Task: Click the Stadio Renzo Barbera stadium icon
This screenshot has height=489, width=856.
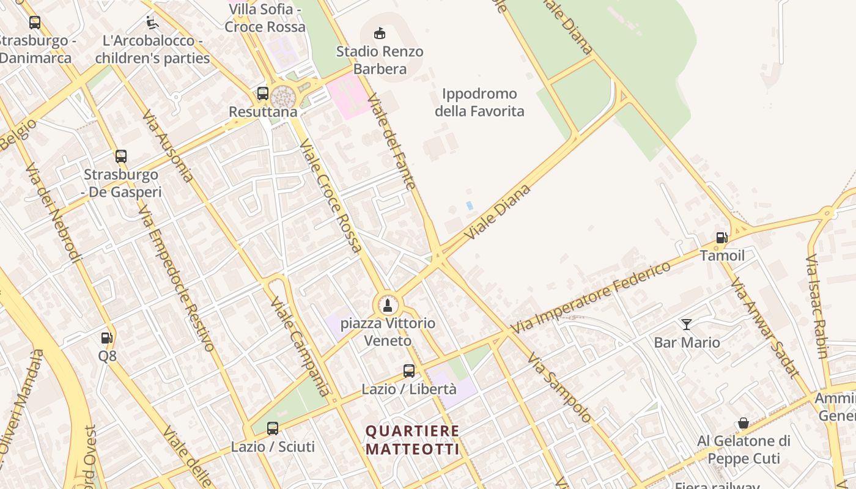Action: point(380,33)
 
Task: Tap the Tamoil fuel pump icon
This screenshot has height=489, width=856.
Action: point(721,238)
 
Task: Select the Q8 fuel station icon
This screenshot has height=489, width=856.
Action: point(106,337)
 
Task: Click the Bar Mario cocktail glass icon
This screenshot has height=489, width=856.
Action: point(687,325)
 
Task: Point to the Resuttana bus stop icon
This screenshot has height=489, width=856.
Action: point(263,94)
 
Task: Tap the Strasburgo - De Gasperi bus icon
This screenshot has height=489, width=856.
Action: point(121,156)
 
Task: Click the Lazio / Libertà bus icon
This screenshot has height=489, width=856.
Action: point(409,371)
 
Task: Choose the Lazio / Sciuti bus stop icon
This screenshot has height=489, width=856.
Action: point(273,428)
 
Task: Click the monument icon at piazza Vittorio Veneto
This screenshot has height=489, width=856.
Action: point(386,304)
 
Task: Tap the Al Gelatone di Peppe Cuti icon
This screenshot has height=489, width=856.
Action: point(743,423)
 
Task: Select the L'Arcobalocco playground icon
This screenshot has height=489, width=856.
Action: point(152,23)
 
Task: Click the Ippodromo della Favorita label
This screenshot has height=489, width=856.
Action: point(479,103)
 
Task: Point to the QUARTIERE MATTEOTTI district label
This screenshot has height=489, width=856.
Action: point(412,440)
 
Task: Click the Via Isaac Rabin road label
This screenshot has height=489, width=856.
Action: point(817,306)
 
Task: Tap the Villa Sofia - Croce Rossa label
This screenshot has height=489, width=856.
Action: point(265,18)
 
